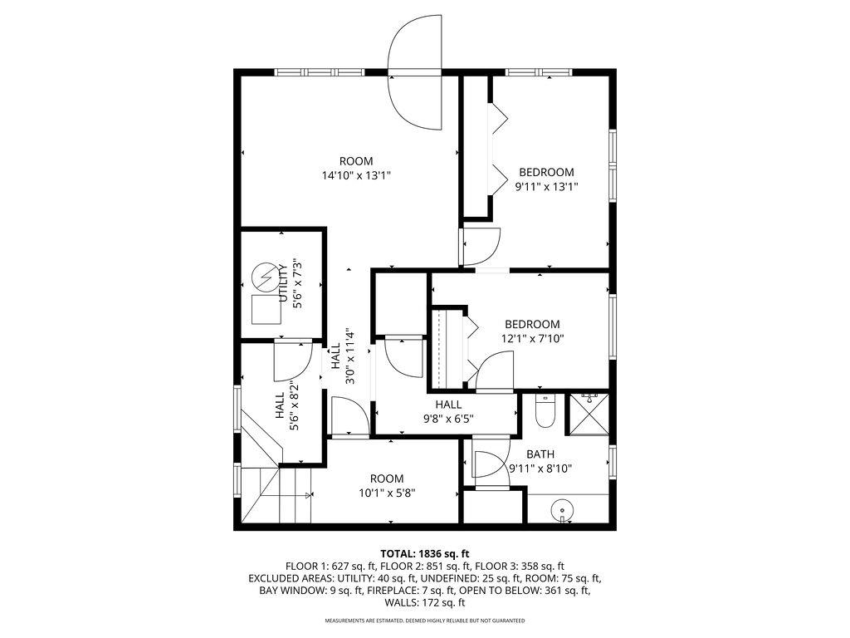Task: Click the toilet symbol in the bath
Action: (545, 412)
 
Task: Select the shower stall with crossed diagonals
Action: (589, 413)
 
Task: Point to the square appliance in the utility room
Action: (266, 310)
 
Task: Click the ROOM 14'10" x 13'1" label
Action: (356, 168)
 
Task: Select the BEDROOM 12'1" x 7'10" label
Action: (531, 331)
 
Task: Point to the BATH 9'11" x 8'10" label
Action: (540, 461)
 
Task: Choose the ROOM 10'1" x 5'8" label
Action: (387, 485)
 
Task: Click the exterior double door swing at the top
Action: (416, 75)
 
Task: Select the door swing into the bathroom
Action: (485, 464)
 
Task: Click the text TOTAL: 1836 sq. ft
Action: (425, 553)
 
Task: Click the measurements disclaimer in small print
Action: (424, 621)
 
